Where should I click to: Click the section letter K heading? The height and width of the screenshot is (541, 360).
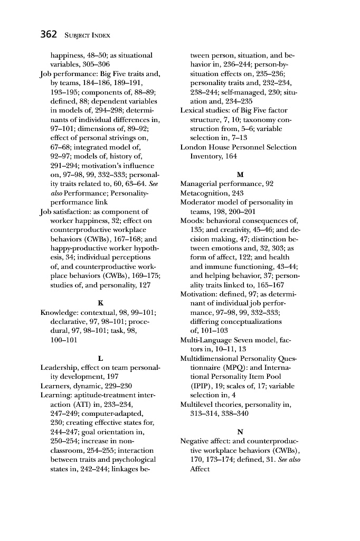(x=100, y=303)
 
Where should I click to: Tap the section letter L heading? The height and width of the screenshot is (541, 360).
(x=100, y=358)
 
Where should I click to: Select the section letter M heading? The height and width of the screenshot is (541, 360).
(x=240, y=174)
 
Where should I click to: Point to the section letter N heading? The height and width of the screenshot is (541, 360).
(x=240, y=432)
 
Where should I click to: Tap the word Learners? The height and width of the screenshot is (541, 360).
(x=56, y=386)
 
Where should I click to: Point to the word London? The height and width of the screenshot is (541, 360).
(x=193, y=147)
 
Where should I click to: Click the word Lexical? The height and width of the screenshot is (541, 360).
(x=193, y=110)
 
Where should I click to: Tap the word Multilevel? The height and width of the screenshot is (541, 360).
(x=198, y=404)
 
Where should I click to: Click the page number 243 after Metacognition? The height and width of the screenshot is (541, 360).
(x=237, y=193)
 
